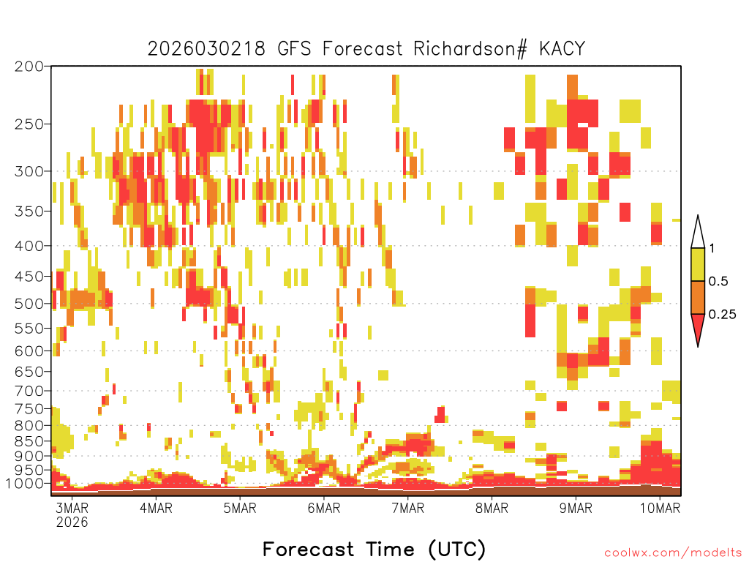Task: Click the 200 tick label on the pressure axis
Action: click(29, 67)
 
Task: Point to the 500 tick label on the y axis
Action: click(29, 304)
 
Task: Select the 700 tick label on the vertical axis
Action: click(29, 391)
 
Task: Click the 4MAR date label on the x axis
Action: click(156, 508)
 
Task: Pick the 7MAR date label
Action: click(407, 508)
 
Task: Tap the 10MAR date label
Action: click(660, 508)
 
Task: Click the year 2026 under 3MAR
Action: click(72, 522)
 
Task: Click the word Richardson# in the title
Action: click(470, 49)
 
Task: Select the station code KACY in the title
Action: click(562, 49)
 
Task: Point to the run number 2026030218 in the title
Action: click(206, 49)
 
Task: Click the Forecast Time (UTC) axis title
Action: click(374, 549)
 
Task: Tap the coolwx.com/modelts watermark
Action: click(674, 553)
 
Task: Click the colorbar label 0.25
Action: click(722, 315)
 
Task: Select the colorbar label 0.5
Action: click(718, 281)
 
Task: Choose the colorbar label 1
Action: click(712, 248)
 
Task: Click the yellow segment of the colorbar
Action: click(698, 264)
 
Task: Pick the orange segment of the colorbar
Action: click(698, 297)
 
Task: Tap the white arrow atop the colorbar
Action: click(698, 234)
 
